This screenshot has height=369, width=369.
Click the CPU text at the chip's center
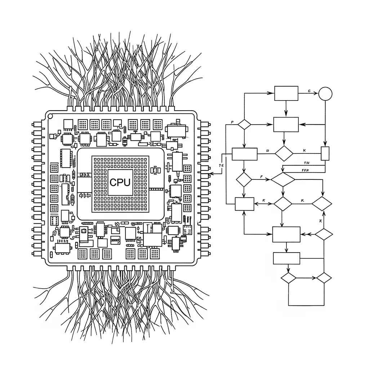(120, 182)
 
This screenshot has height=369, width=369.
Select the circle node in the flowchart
(325, 93)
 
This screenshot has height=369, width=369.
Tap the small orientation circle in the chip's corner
(50, 116)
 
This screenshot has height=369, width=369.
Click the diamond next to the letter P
(244, 124)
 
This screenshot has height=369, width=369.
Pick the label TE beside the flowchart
(221, 165)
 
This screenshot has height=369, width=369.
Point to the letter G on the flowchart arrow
(309, 91)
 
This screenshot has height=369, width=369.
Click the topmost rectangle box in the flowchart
(286, 93)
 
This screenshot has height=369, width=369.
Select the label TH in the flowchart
(307, 163)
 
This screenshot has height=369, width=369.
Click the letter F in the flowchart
(261, 177)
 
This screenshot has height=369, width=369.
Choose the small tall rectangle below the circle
(325, 153)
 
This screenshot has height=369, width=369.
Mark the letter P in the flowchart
(232, 123)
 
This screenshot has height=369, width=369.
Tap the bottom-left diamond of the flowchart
(288, 278)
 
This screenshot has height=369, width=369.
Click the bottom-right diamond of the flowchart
(324, 278)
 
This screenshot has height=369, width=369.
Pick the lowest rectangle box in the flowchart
(286, 258)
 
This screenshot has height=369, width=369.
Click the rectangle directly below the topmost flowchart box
(286, 124)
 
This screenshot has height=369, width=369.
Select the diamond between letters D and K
(284, 153)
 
